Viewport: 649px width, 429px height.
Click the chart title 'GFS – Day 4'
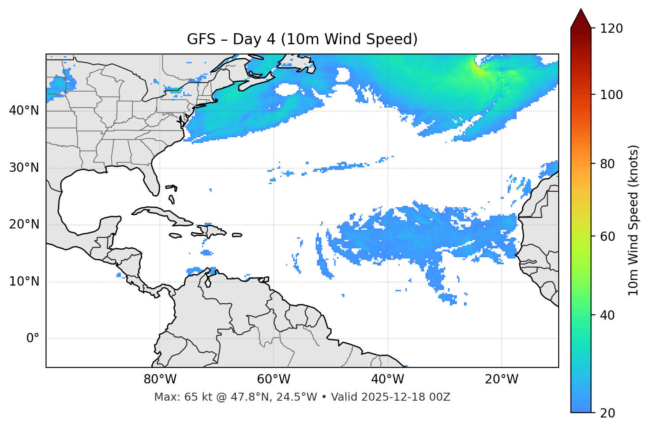[x=302, y=39]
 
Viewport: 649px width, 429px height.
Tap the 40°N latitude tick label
[x=24, y=111]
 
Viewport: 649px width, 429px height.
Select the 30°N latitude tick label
[x=24, y=168]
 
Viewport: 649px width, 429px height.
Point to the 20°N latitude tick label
[x=24, y=224]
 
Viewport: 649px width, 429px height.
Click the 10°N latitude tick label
[x=24, y=282]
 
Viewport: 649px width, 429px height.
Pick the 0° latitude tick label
[x=32, y=339]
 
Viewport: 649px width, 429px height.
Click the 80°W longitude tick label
[x=160, y=379]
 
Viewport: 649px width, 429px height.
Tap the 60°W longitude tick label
[x=274, y=379]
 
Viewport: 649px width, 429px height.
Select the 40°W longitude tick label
[x=387, y=379]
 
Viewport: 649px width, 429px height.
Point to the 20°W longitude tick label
[x=501, y=379]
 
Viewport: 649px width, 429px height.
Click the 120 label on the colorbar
[x=611, y=28]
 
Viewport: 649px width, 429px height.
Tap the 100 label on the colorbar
[x=611, y=95]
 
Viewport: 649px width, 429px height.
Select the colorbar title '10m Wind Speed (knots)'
[x=634, y=220]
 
